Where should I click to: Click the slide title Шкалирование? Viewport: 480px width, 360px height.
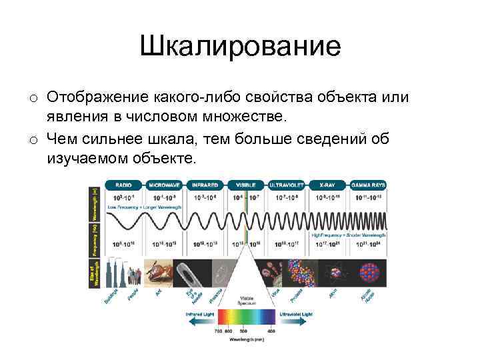click(x=240, y=47)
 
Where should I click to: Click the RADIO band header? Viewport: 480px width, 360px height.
click(x=123, y=184)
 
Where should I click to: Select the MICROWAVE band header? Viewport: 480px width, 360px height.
click(x=163, y=184)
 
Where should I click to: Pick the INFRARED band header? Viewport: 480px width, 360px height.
click(x=205, y=184)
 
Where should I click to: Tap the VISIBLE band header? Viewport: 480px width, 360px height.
click(x=246, y=184)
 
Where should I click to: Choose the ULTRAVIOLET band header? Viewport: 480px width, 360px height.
click(x=287, y=184)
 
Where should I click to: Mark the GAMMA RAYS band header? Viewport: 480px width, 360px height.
click(x=369, y=184)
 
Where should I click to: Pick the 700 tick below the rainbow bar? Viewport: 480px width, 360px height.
click(x=217, y=331)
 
